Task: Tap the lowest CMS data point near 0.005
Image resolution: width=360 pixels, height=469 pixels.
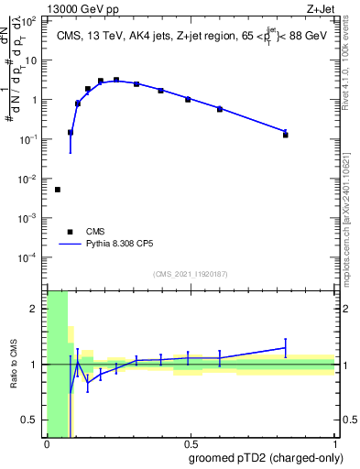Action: [x=58, y=190]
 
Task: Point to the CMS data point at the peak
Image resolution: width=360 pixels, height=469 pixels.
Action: [x=116, y=80]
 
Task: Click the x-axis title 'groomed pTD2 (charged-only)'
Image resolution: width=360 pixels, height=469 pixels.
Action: [x=265, y=457]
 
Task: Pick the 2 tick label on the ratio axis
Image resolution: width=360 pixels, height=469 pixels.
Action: [x=35, y=309]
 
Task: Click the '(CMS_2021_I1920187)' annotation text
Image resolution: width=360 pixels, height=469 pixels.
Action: [x=190, y=274]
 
